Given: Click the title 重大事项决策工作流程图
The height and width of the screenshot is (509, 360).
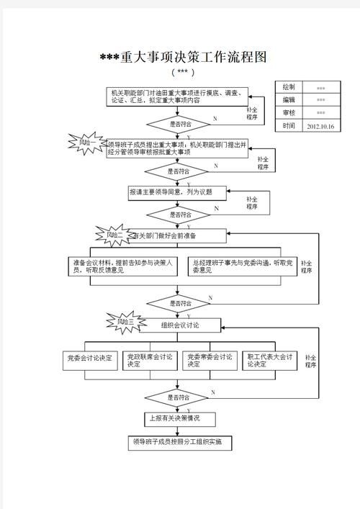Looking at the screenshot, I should point(183,58).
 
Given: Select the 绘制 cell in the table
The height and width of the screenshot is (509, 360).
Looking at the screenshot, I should point(289,87).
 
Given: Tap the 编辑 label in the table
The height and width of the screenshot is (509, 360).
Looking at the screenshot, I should point(289,100).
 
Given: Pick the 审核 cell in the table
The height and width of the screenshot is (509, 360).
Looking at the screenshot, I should point(289,113).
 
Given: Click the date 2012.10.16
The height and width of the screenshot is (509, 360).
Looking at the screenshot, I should point(320,126).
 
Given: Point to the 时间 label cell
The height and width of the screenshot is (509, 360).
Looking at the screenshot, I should point(289,126).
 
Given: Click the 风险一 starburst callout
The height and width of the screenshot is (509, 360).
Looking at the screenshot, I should point(91,143).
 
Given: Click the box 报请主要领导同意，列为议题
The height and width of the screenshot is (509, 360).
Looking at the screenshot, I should point(176,192).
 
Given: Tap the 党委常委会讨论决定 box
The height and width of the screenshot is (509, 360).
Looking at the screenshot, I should point(210,361).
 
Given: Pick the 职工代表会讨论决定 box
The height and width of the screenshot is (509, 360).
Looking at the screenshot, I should point(270,361).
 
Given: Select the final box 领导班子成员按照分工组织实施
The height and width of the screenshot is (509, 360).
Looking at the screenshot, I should point(176,442).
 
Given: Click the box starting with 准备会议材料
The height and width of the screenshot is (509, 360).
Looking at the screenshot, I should point(122,266).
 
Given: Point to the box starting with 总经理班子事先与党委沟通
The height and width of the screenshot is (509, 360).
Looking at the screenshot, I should point(241,266).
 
